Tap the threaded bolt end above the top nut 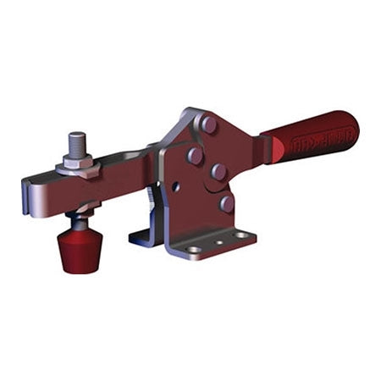(77, 141)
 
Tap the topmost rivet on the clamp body (208, 124)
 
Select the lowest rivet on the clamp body (226, 203)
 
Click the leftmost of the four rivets (195, 156)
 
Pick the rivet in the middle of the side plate (218, 171)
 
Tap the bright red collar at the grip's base (271, 150)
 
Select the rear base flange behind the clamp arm (141, 234)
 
